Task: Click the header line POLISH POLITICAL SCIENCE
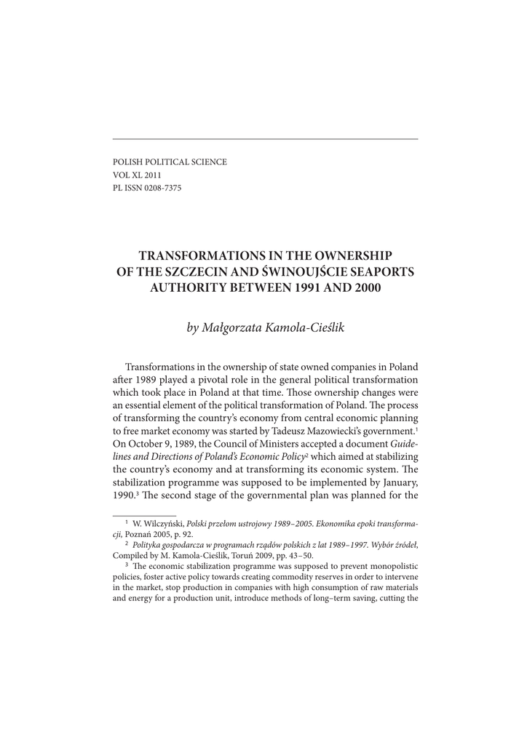(x=169, y=162)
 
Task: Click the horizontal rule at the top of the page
(x=265, y=138)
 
